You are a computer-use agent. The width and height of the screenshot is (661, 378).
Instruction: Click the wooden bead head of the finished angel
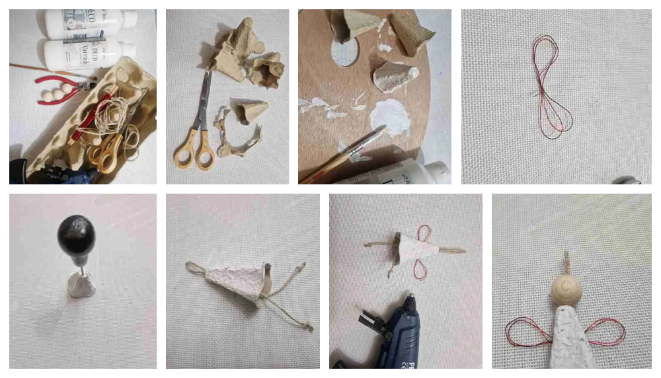[x=567, y=291]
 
